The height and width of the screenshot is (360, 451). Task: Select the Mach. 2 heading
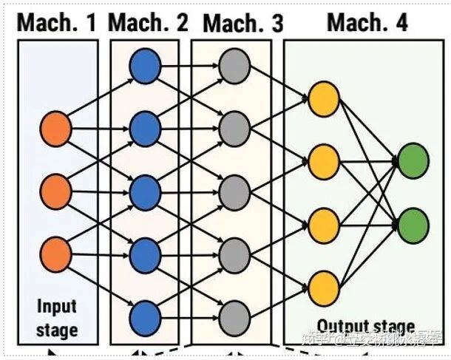coord(149,22)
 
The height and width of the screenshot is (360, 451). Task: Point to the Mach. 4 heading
coord(367,22)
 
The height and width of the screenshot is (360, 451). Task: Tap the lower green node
coord(413,223)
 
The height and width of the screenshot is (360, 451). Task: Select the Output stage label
coord(365,325)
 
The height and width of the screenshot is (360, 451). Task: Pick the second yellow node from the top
coord(322,161)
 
